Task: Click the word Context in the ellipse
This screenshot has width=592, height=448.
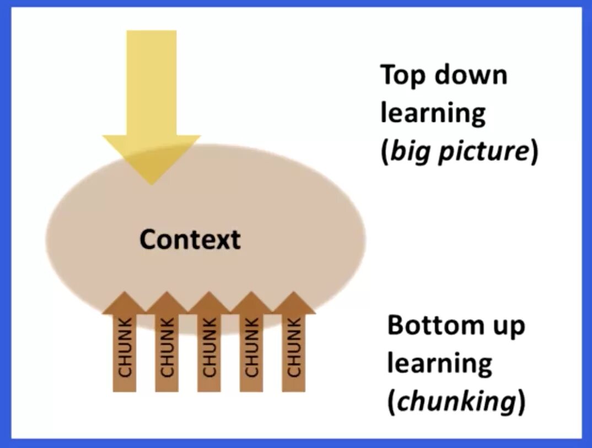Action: pyautogui.click(x=190, y=239)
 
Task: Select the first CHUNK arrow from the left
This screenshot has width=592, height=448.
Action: pyautogui.click(x=125, y=345)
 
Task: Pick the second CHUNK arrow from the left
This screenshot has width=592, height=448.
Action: pyautogui.click(x=166, y=345)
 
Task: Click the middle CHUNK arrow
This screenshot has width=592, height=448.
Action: pyautogui.click(x=209, y=345)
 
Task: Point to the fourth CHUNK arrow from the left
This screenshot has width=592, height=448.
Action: pyautogui.click(x=251, y=345)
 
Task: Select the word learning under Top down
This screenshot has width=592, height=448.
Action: pyautogui.click(x=433, y=113)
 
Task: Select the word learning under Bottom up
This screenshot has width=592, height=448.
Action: pyautogui.click(x=439, y=364)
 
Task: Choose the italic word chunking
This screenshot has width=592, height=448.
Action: pyautogui.click(x=456, y=402)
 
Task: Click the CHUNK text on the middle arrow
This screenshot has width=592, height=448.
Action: pyautogui.click(x=209, y=346)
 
